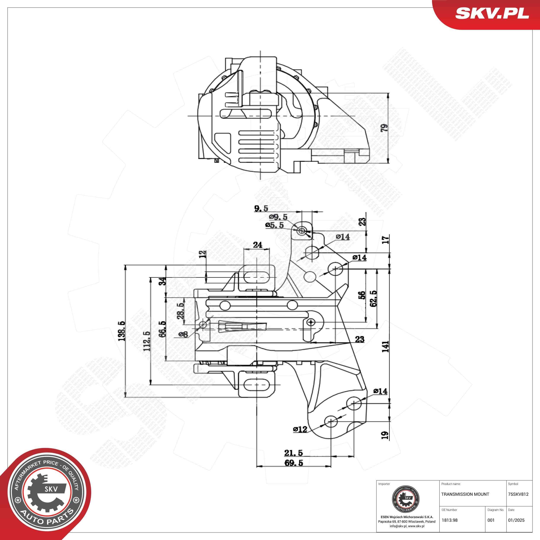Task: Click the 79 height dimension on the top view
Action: click(385, 128)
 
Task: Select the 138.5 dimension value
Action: click(121, 331)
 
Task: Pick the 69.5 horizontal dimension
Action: click(294, 463)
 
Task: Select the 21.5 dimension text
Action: click(294, 453)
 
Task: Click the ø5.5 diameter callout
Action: click(275, 225)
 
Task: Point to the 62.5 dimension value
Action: click(373, 299)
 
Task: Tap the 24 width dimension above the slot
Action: click(257, 245)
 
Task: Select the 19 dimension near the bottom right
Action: click(385, 435)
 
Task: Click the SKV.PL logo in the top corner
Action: click(492, 13)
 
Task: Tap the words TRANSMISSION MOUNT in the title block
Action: click(465, 494)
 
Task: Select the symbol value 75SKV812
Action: click(518, 494)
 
